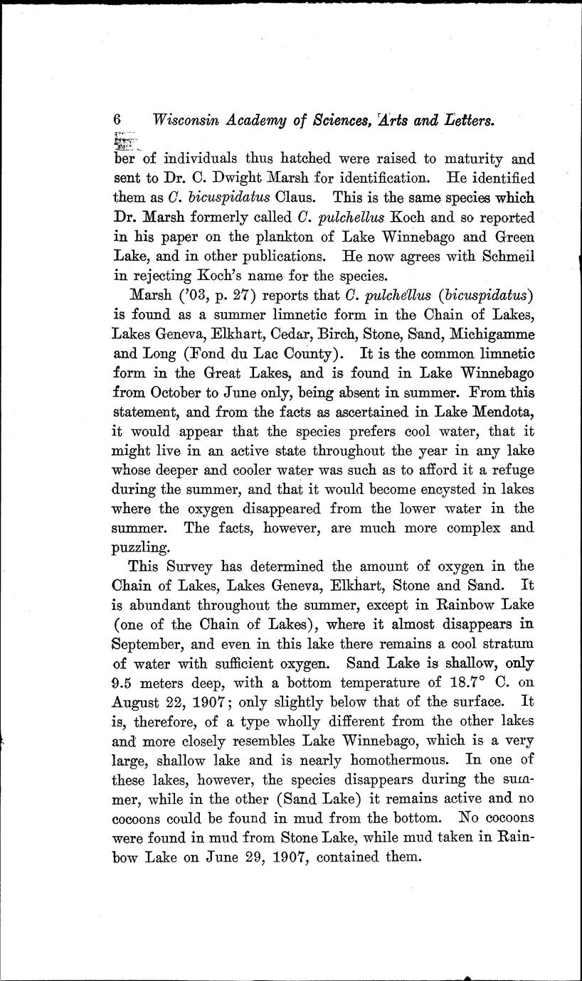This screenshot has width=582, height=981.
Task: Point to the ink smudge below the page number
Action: [x=122, y=141]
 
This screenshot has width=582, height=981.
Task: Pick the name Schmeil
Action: [x=506, y=254]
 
